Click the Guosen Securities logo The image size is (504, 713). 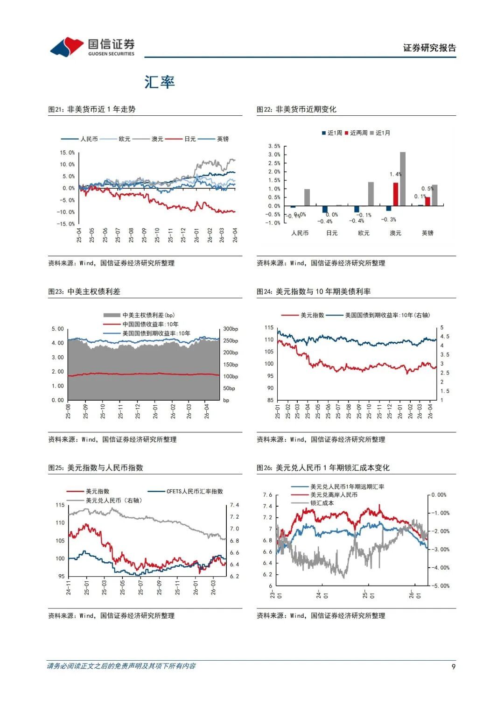pyautogui.click(x=92, y=47)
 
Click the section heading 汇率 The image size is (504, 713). pyautogui.click(x=160, y=82)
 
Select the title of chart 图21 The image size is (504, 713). pyautogui.click(x=92, y=109)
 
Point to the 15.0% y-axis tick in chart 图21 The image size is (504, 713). pyautogui.click(x=67, y=153)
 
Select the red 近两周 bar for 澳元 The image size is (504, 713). pyautogui.click(x=396, y=194)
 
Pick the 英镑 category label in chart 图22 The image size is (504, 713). pyautogui.click(x=427, y=233)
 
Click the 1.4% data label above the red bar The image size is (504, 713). pyautogui.click(x=395, y=174)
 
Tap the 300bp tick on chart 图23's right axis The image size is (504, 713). pyautogui.click(x=231, y=329)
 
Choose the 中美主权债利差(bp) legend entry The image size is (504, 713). pyautogui.click(x=148, y=315)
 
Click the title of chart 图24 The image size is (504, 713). pyautogui.click(x=314, y=291)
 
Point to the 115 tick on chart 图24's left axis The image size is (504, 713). pyautogui.click(x=269, y=328)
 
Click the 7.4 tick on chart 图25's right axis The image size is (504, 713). pyautogui.click(x=234, y=505)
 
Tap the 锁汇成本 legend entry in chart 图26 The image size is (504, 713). pyautogui.click(x=322, y=503)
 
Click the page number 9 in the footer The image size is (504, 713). pyautogui.click(x=453, y=666)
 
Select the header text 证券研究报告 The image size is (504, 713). pyautogui.click(x=429, y=48)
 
